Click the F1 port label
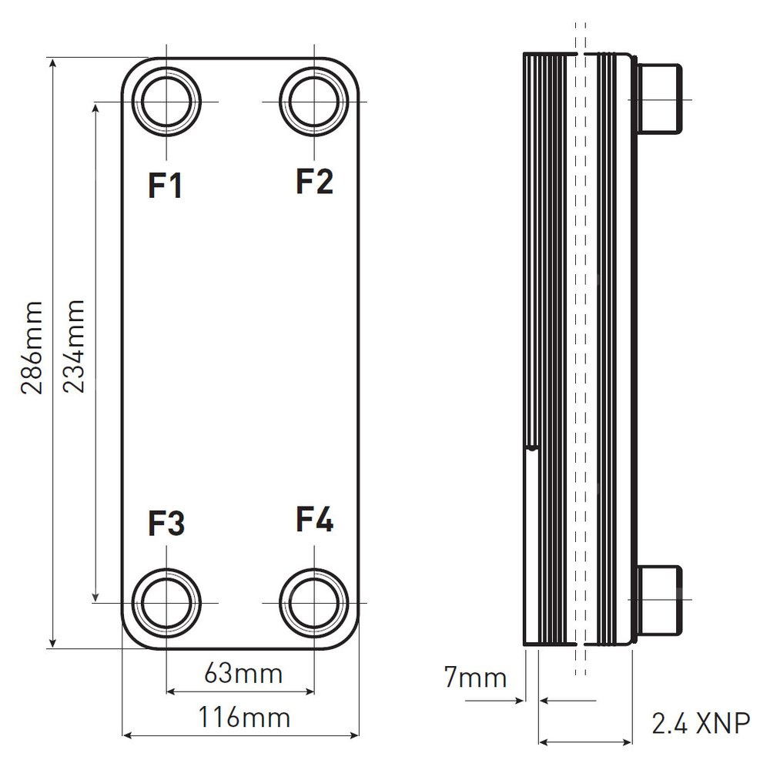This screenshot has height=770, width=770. coord(166,186)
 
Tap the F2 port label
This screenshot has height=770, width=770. coord(314,182)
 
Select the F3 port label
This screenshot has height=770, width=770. coord(166,524)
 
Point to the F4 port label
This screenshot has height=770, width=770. coord(314,520)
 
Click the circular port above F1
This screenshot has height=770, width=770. coord(166,102)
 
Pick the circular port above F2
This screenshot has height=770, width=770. coord(314,102)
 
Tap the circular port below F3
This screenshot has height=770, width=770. coord(166,601)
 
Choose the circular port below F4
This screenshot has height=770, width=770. coord(314,601)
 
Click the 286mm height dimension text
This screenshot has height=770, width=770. coord(32,347)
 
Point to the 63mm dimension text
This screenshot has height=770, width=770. coord(243,674)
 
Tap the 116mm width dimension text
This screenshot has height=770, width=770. coord(244,718)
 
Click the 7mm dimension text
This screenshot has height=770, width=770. coord(476,678)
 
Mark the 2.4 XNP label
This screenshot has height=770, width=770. coord(700,724)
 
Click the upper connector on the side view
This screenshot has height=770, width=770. coord(658,98)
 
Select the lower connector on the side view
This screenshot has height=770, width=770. coord(658,601)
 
